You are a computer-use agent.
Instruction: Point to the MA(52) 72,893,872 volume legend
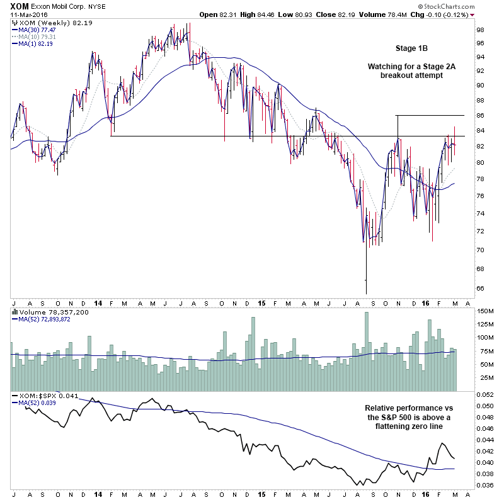(x=43, y=319)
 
